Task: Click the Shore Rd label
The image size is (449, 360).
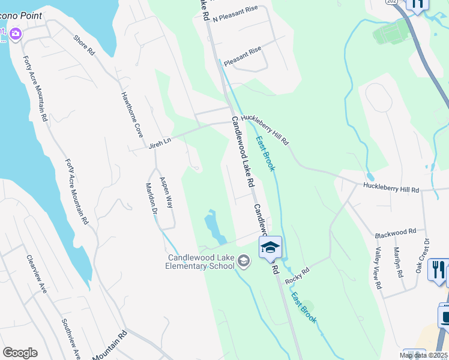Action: click(x=85, y=46)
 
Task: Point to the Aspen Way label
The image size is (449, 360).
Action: click(x=166, y=193)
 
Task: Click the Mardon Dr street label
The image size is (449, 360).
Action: click(x=151, y=199)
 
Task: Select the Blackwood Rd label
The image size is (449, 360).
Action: click(x=395, y=232)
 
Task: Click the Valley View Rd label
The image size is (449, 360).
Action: click(x=378, y=268)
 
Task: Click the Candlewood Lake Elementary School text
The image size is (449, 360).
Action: click(x=201, y=262)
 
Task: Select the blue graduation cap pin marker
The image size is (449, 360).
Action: click(x=270, y=247)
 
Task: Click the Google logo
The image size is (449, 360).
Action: click(x=20, y=353)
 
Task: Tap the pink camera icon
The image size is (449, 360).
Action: click(x=15, y=35)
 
